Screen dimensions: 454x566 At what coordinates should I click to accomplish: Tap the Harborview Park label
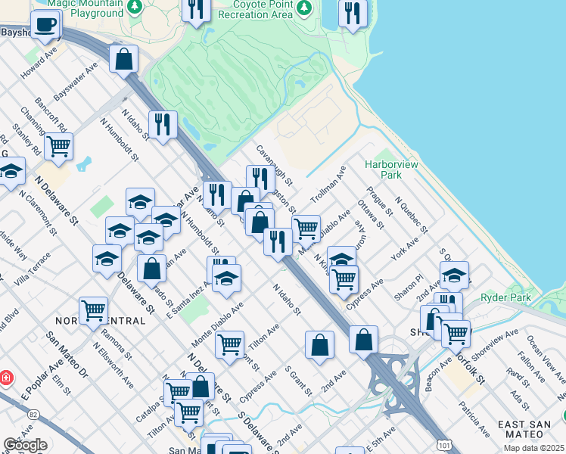tap(381, 169)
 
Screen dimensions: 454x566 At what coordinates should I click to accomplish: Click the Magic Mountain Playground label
tap(85, 8)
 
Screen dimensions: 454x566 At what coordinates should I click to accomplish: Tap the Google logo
tap(25, 445)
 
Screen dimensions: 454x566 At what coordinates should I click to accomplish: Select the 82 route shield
tap(33, 415)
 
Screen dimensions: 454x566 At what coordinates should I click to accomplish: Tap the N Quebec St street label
tap(412, 215)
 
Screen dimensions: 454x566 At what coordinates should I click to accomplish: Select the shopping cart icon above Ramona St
tap(93, 309)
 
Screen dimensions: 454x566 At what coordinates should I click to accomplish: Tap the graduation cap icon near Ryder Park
tap(454, 275)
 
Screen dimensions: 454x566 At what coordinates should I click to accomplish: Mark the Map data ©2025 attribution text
tap(534, 448)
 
